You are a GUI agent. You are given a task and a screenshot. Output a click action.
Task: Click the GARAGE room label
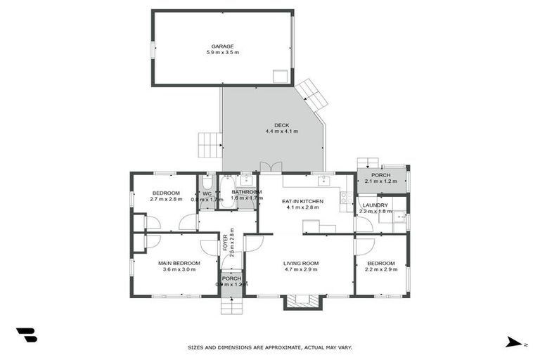(223, 46)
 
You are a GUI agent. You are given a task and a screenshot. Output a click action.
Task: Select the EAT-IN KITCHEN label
(302, 202)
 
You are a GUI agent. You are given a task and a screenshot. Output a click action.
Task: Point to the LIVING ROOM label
(301, 263)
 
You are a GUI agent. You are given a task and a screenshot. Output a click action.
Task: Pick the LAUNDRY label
(375, 205)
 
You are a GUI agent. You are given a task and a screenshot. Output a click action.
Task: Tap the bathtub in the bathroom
(226, 192)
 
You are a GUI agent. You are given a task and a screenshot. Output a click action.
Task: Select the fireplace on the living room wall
(303, 302)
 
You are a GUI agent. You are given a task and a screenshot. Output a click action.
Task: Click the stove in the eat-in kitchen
(346, 198)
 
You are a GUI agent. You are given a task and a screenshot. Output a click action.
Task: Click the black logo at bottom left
(26, 335)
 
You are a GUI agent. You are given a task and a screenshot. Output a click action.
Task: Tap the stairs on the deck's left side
(210, 145)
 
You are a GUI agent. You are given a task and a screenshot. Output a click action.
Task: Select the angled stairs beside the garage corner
(311, 95)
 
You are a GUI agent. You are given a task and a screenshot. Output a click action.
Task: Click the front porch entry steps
(231, 306)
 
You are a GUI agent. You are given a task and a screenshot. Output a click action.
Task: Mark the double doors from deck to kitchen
(266, 167)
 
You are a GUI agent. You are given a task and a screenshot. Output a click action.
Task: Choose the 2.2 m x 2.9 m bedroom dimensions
(380, 269)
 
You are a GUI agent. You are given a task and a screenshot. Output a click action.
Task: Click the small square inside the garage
(281, 76)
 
